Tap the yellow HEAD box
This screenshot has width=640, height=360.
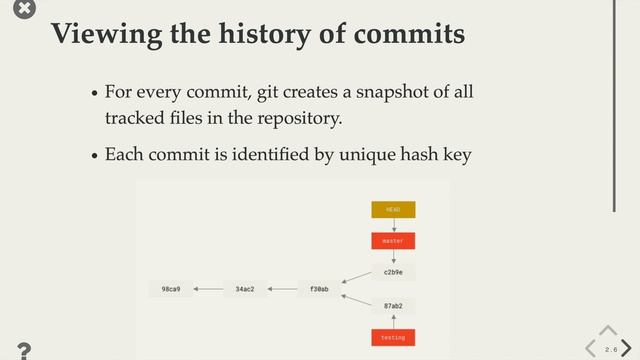[x=393, y=210]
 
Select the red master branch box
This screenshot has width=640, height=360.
[x=393, y=241]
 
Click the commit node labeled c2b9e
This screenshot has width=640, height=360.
[x=393, y=272]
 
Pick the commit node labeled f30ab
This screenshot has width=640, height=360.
[x=319, y=289]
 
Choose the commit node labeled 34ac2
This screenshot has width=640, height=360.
[x=245, y=289]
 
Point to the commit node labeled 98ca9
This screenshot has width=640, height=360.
[x=171, y=289]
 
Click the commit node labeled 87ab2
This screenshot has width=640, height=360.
[x=393, y=306]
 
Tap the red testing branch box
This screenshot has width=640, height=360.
[x=393, y=338]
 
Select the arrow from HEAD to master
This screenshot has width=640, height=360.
[x=393, y=225]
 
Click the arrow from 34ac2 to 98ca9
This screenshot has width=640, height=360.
[x=208, y=289]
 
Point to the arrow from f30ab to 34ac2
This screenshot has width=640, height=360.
[x=282, y=289]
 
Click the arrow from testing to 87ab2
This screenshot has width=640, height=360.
[x=393, y=322]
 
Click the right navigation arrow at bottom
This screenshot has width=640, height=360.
[x=626, y=348]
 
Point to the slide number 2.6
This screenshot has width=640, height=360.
[x=610, y=349]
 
